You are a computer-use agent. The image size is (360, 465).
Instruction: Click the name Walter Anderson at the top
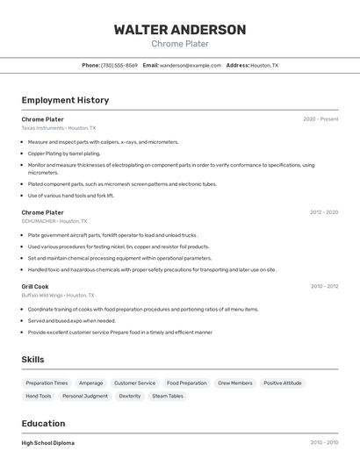pos(180,29)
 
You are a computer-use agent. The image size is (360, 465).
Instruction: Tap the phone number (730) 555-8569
pos(119,65)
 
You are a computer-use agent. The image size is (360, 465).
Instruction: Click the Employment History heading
pos(65,100)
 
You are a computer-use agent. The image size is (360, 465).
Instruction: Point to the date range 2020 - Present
pos(320,119)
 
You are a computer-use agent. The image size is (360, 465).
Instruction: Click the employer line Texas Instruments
pos(59,128)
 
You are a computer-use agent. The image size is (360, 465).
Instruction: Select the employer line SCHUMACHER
pos(54,221)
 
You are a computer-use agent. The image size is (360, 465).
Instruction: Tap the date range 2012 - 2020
pos(324,212)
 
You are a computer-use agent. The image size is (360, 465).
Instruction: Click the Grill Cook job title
pos(35,286)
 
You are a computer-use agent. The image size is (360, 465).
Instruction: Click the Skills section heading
pos(32,360)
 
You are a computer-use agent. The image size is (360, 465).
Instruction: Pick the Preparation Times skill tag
pos(47,383)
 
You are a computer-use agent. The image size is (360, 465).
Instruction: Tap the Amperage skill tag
pos(91,383)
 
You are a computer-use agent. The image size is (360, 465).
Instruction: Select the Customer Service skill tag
pos(134,383)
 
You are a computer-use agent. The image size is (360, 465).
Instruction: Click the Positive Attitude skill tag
pos(282,383)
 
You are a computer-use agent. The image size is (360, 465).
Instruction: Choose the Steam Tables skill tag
pos(168,397)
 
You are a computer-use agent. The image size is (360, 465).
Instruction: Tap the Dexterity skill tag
pos(130,397)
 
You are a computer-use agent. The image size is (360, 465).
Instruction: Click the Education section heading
pos(43,424)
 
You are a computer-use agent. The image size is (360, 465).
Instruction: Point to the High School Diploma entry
pos(48,443)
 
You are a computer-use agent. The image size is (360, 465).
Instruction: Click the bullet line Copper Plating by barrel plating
pos(64,154)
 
